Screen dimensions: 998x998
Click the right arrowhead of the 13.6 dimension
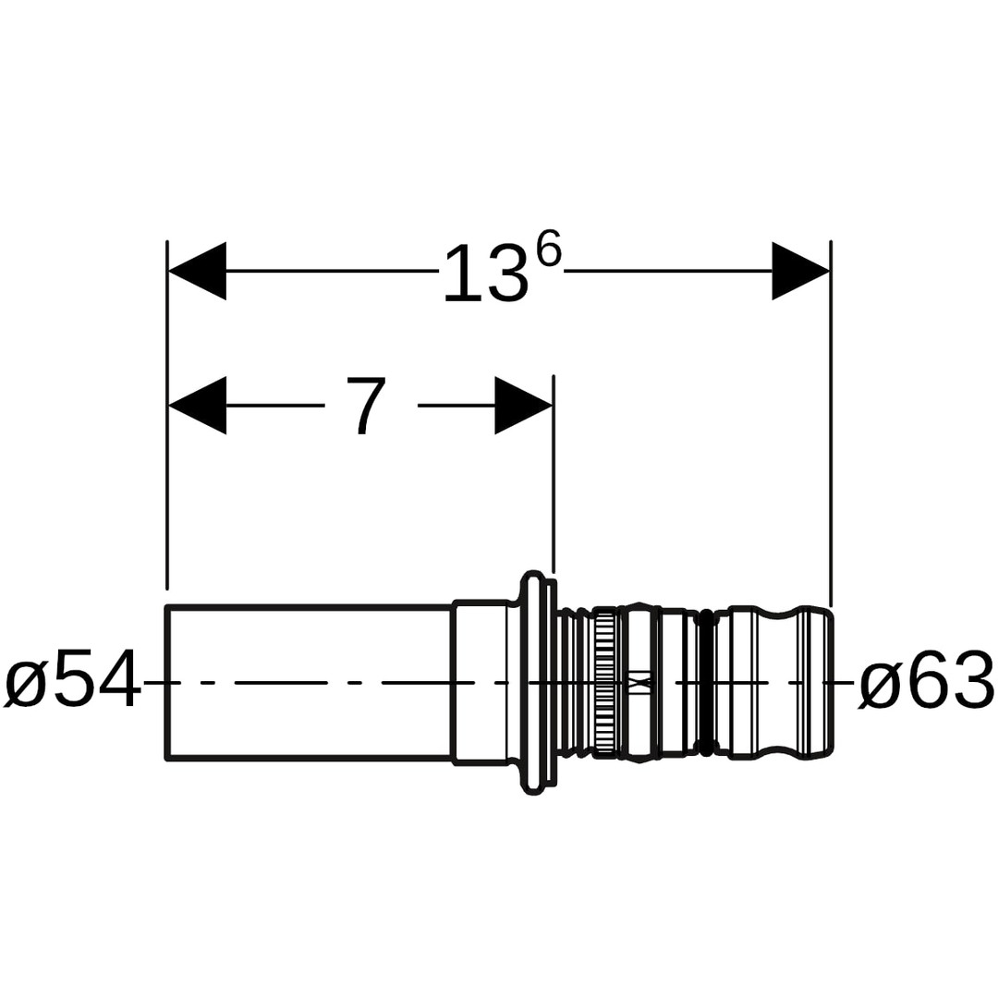800,271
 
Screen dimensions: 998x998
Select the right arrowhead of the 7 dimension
523,406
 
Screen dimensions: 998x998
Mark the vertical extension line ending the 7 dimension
554,475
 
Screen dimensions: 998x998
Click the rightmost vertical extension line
831,424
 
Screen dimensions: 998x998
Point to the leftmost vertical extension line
167,415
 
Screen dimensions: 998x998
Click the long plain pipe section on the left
310,682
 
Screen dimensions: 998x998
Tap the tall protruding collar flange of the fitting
537,682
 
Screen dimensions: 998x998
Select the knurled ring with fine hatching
605,682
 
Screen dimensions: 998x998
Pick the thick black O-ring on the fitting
704,682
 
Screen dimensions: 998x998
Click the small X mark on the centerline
641,682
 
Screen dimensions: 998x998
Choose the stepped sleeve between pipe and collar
481,682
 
